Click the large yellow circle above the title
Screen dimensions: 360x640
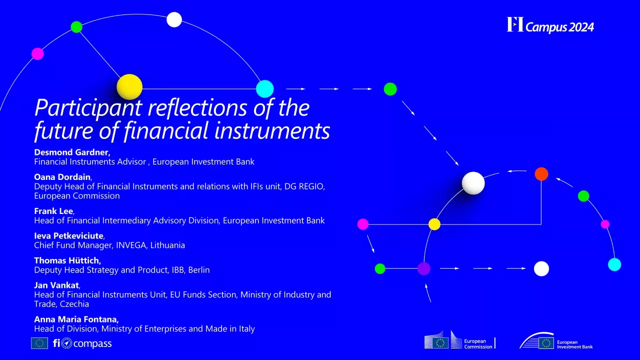click(x=129, y=87)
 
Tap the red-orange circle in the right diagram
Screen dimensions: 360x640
click(x=541, y=174)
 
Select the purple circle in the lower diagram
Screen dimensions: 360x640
click(x=424, y=268)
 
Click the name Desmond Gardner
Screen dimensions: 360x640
click(x=72, y=152)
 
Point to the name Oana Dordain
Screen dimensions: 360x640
click(x=62, y=176)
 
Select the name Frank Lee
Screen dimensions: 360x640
click(x=53, y=211)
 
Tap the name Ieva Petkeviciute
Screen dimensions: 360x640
click(x=68, y=235)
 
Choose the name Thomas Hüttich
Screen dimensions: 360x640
click(x=67, y=260)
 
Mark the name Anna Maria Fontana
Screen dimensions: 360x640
click(x=76, y=319)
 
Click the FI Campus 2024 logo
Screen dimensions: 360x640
click(x=550, y=25)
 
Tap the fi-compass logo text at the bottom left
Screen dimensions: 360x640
click(x=82, y=343)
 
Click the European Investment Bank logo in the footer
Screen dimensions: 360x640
click(x=556, y=341)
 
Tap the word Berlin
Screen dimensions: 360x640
click(x=198, y=270)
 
